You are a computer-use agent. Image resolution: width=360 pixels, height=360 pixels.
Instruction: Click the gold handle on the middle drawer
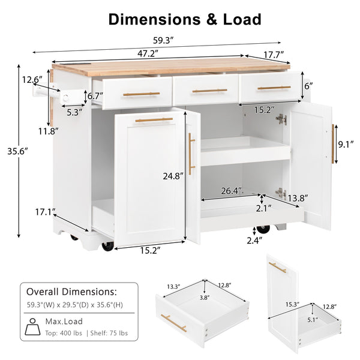coord(209,91)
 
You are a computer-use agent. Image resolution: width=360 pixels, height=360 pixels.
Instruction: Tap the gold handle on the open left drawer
coord(141,94)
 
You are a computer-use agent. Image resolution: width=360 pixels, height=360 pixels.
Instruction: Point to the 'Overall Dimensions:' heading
coord(71,292)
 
